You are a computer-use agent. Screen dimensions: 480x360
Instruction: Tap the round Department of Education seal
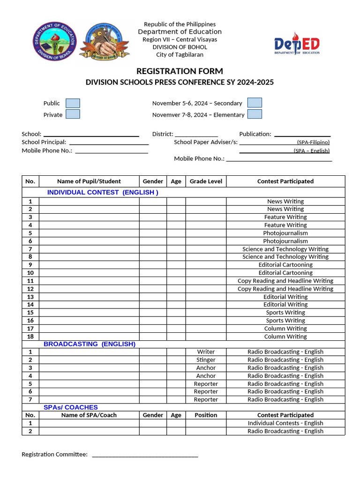click(54, 42)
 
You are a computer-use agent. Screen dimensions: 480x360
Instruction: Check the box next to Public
click(73, 103)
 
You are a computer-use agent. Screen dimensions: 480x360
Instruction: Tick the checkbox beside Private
click(73, 114)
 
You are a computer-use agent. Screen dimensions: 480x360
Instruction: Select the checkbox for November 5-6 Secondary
click(255, 103)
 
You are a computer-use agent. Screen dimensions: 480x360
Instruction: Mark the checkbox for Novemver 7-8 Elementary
click(255, 114)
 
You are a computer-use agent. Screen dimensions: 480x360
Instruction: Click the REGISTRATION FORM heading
click(180, 71)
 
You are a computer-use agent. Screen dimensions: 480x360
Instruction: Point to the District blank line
click(196, 135)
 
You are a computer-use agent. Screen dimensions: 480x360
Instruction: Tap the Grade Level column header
click(206, 181)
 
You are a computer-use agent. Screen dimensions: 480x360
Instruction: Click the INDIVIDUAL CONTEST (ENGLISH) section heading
click(103, 192)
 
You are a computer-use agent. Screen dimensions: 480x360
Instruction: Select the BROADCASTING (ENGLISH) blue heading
click(90, 344)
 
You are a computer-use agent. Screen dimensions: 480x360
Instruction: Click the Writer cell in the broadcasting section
click(206, 352)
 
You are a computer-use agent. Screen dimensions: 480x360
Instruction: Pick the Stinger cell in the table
click(206, 360)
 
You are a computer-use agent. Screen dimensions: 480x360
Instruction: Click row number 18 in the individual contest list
click(30, 337)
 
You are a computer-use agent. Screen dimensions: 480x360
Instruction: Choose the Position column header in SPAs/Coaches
click(206, 415)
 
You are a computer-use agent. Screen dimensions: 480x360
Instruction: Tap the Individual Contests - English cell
click(285, 423)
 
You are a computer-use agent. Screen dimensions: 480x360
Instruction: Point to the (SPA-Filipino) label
click(313, 142)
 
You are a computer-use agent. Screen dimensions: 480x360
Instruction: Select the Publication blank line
click(302, 135)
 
